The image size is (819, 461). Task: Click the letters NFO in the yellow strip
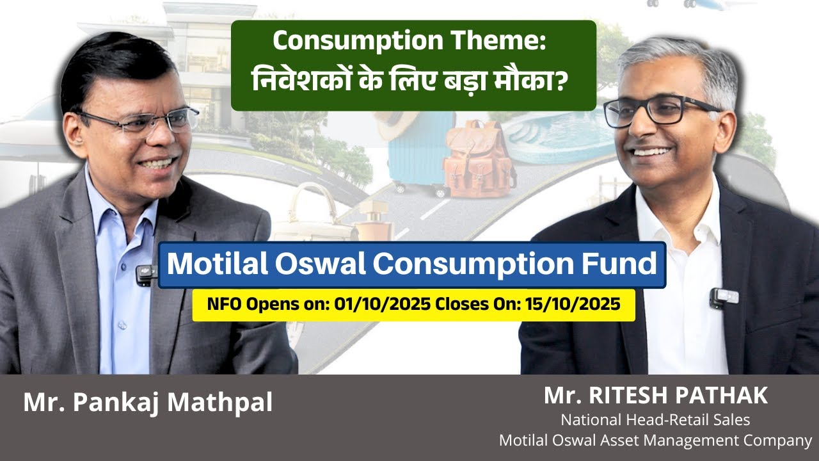(222, 304)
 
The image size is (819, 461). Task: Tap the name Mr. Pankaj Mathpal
(148, 403)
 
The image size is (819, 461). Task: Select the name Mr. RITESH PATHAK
(656, 396)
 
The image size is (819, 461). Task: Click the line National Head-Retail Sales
(656, 420)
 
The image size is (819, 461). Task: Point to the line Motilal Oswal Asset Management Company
(656, 441)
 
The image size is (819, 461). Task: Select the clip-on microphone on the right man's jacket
(723, 296)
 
